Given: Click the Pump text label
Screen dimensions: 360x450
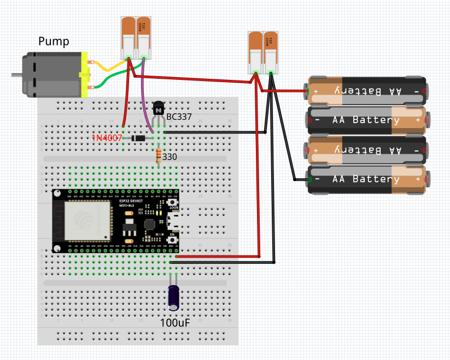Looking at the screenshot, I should pos(54,42).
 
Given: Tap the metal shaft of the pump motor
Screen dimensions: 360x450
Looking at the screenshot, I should pos(17,74).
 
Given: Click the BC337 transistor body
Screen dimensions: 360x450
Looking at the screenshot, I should pos(159,110).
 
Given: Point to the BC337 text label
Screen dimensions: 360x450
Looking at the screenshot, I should pos(179,118).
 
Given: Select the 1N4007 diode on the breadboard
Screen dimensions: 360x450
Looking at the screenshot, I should pos(138,138).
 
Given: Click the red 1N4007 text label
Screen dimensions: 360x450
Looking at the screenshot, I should pos(107,138).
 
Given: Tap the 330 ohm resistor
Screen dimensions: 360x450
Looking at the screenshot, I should pos(159,156).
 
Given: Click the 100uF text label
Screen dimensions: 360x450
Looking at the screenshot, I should pos(175,323).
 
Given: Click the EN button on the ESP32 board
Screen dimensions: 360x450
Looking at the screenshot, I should pos(173,239).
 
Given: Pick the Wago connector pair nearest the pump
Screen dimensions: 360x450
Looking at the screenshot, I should pos(136,37).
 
